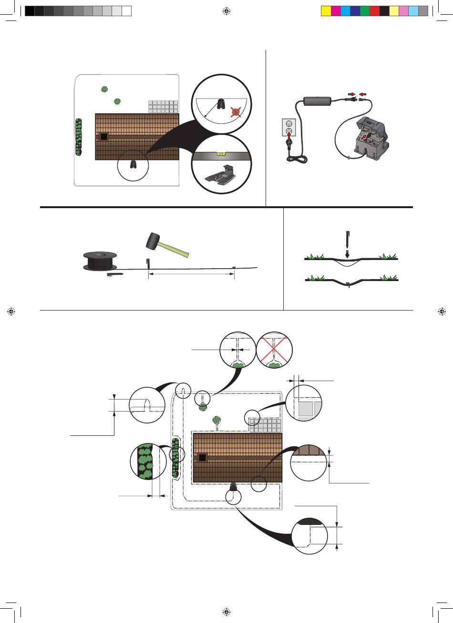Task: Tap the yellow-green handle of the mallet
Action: pyautogui.click(x=175, y=249)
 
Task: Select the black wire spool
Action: pyautogui.click(x=100, y=261)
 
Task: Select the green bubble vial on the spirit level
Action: pyautogui.click(x=220, y=153)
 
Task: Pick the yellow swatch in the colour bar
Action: pyautogui.click(x=326, y=11)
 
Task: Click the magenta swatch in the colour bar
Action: pyautogui.click(x=336, y=11)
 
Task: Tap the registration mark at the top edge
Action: pyautogui.click(x=226, y=11)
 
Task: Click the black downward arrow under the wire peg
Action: pyautogui.click(x=347, y=254)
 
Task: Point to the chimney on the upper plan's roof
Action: pyautogui.click(x=103, y=137)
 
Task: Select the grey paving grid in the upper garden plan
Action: pyautogui.click(x=163, y=106)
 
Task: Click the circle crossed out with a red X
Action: pyautogui.click(x=274, y=350)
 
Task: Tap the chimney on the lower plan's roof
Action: pyautogui.click(x=203, y=458)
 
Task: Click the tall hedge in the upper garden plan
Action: pyautogui.click(x=78, y=138)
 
